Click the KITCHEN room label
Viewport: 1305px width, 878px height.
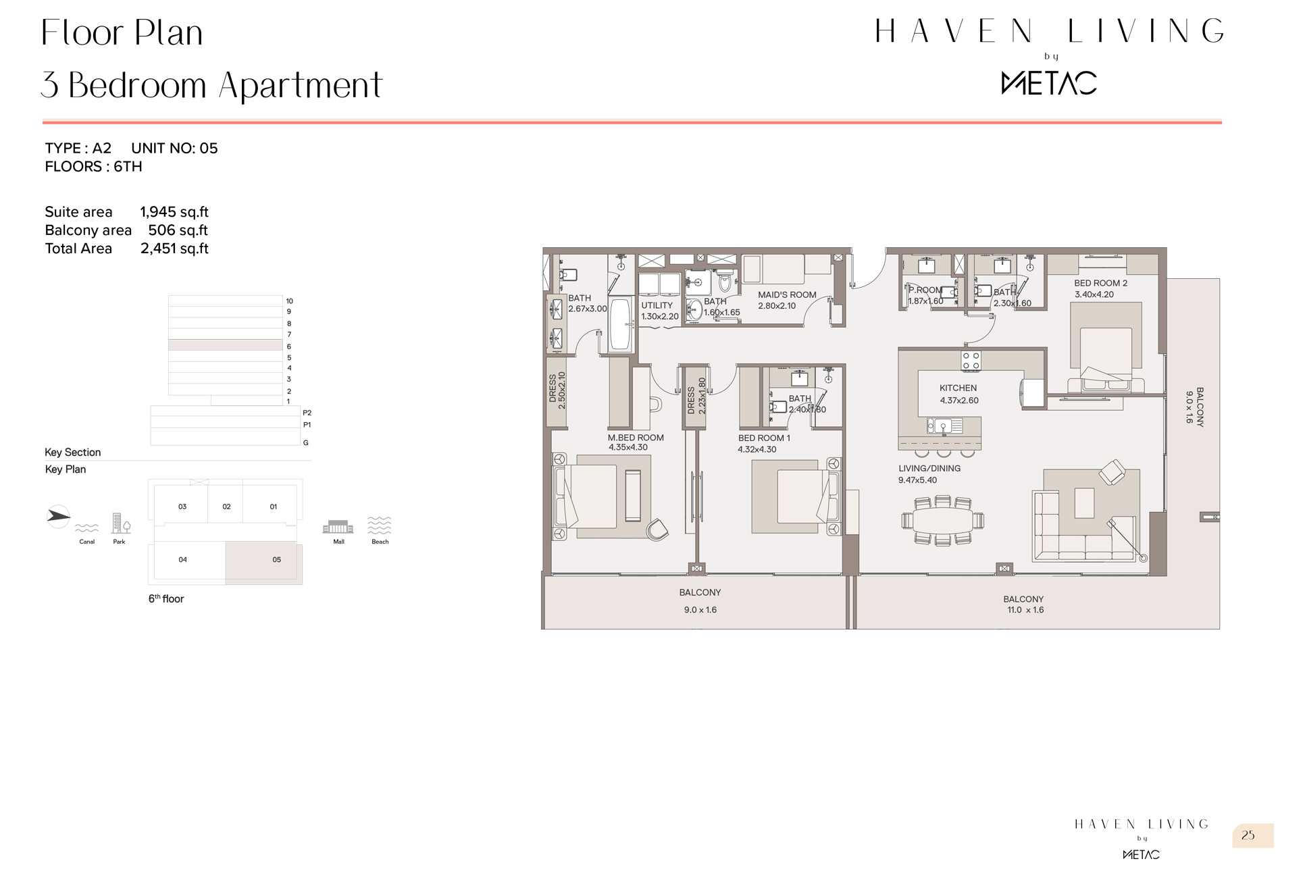point(958,388)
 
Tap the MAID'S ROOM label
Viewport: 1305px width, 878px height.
point(787,295)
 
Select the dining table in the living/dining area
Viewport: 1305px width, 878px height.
point(942,521)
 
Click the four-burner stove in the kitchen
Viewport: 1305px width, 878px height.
point(971,361)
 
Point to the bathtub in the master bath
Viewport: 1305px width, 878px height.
point(620,325)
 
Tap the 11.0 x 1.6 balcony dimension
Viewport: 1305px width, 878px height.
point(1025,610)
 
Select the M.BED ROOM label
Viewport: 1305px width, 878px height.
point(636,438)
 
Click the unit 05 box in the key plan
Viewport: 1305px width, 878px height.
point(264,562)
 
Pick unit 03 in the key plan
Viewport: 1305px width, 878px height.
point(182,506)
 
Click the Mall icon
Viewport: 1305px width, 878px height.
point(338,527)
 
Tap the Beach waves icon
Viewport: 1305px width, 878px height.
point(380,525)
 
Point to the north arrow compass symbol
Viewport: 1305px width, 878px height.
point(58,517)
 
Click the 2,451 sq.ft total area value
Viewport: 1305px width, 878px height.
point(174,249)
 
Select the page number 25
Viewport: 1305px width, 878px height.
point(1248,835)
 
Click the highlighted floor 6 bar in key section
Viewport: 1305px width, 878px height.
point(225,345)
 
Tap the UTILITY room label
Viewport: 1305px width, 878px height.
point(657,305)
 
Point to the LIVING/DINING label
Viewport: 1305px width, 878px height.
point(929,468)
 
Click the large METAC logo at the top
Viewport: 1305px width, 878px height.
point(1049,83)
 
